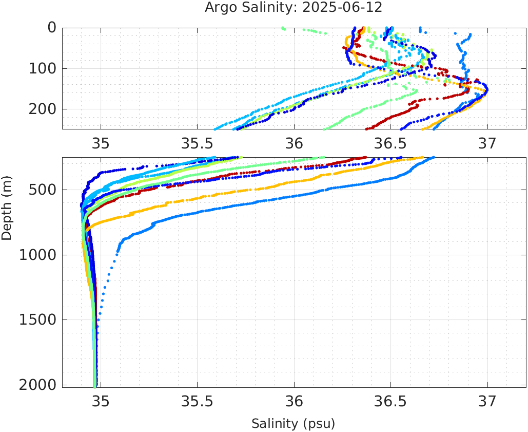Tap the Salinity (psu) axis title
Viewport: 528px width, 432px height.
click(293, 424)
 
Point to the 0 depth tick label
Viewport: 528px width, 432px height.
click(51, 28)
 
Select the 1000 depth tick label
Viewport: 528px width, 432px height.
click(36, 255)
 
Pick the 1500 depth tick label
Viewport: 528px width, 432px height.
click(36, 320)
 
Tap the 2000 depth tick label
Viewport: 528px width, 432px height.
click(36, 384)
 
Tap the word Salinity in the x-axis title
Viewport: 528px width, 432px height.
click(275, 424)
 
